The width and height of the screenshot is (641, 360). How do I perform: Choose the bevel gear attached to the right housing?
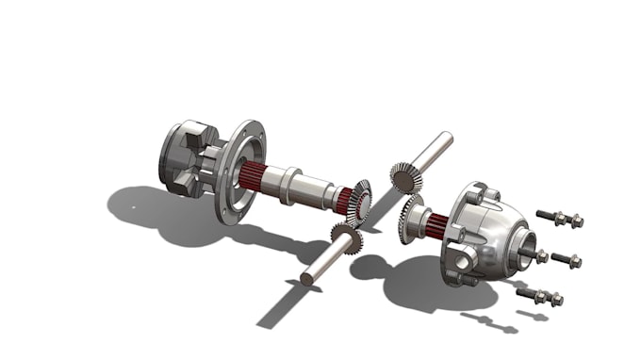click(x=414, y=218)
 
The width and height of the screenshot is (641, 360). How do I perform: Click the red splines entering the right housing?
click(x=436, y=225)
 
